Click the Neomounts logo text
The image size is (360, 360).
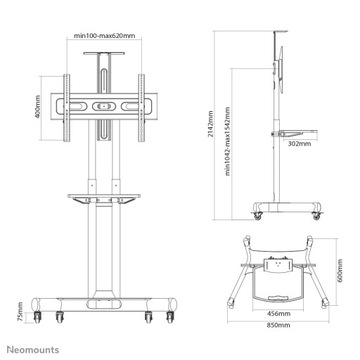pos(34,348)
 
